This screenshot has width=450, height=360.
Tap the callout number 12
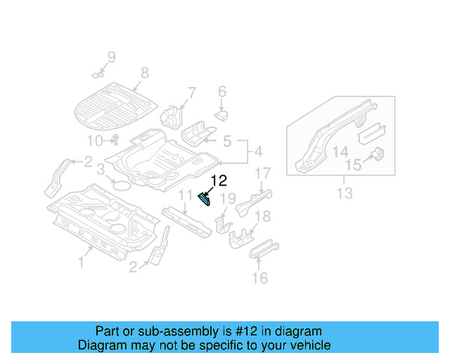[x=218, y=181]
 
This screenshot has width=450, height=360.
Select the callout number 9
[x=110, y=57]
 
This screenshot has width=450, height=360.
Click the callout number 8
[x=145, y=72]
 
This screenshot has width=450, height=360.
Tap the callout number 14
[x=340, y=152]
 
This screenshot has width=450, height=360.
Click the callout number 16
[x=259, y=278]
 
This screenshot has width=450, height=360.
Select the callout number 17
[x=262, y=173]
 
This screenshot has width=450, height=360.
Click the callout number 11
[x=185, y=195]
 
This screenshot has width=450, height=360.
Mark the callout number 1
[x=81, y=262]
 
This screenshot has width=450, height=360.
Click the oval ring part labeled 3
[x=121, y=186]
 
